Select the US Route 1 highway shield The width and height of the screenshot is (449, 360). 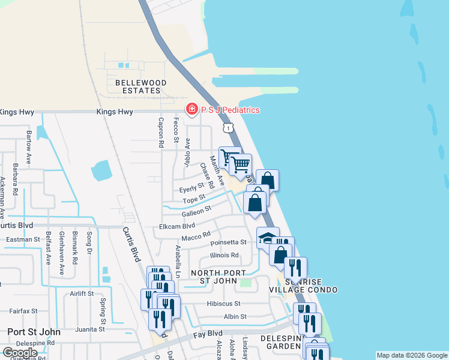tap(228, 128)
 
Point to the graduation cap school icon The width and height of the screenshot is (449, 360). tap(268, 238)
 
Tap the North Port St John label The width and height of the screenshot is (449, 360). tap(218, 277)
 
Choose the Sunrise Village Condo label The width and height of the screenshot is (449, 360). tap(311, 286)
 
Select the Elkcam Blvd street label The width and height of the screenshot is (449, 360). tap(177, 226)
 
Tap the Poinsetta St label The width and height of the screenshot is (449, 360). tap(228, 242)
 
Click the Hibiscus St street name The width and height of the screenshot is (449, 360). tap(224, 304)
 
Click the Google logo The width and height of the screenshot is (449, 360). tap(20, 353)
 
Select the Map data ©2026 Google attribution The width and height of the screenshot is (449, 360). tap(411, 355)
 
